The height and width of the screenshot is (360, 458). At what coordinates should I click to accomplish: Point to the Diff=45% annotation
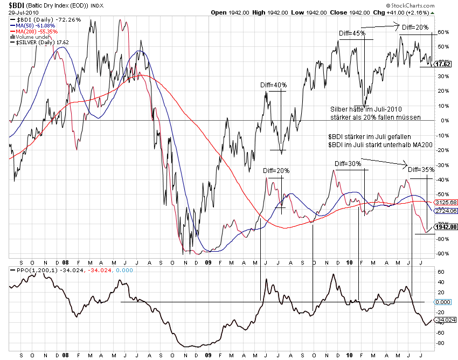352,33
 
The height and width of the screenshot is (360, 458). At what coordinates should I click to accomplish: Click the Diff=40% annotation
274,85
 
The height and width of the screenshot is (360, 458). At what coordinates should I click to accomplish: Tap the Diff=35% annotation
421,170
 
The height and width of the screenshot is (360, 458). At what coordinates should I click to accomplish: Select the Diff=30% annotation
348,163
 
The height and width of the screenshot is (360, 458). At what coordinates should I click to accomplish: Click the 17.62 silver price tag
443,64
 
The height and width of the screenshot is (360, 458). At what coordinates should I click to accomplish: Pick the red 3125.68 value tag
446,203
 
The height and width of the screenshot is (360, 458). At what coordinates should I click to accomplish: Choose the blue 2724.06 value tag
446,211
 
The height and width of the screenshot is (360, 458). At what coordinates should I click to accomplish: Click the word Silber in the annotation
339,109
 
